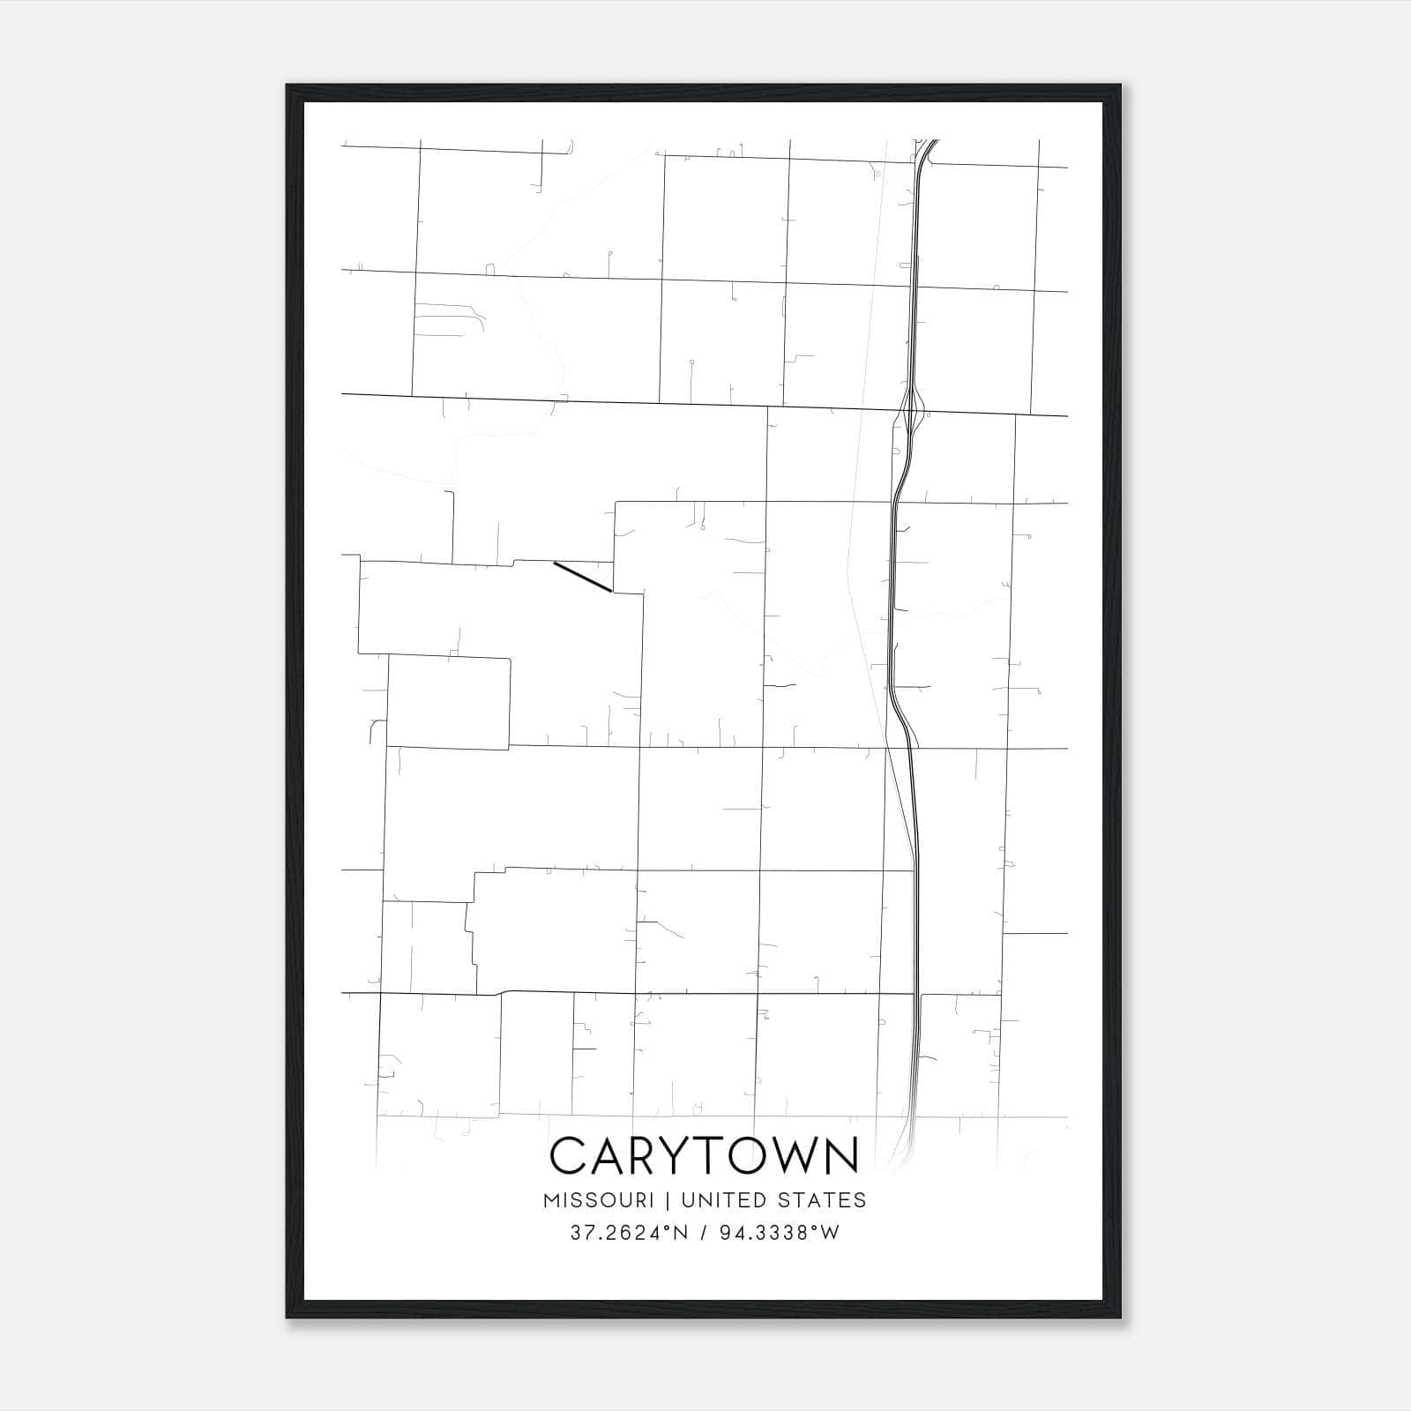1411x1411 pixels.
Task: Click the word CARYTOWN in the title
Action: click(x=704, y=1155)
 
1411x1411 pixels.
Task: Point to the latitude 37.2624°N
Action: click(x=627, y=1233)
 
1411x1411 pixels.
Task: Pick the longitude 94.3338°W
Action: click(x=780, y=1233)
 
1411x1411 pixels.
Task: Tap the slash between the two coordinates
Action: click(x=703, y=1233)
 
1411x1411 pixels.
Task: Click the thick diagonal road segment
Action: click(x=582, y=577)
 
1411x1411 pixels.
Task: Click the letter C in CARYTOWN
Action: click(x=568, y=1155)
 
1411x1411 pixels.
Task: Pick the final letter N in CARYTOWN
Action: click(x=843, y=1155)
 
